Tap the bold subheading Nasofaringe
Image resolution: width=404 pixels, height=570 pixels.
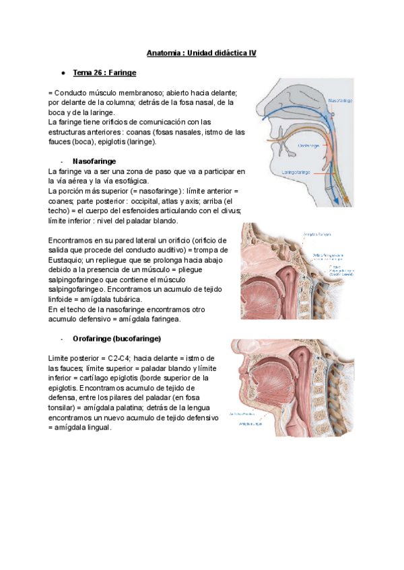click(x=94, y=162)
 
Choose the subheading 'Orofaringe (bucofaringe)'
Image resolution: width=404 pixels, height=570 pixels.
click(x=116, y=338)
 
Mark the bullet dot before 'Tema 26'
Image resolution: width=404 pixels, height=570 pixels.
click(x=62, y=72)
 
